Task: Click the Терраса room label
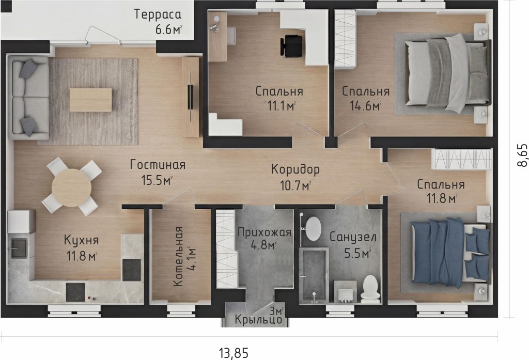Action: coord(158,14)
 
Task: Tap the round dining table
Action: coord(71,187)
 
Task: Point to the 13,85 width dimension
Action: coord(234,353)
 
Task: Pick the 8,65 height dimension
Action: coord(522,155)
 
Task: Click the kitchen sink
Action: coord(19,248)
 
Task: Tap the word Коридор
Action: coord(295,170)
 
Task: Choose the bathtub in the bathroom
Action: coord(314,275)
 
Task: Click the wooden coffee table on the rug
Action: coord(90,100)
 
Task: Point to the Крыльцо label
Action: coord(258,319)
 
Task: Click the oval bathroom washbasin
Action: coord(314,228)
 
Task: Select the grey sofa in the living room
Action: coord(28,98)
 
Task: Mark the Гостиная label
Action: coord(158,165)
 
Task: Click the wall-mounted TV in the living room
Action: coord(190,97)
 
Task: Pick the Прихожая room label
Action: coord(264,232)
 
